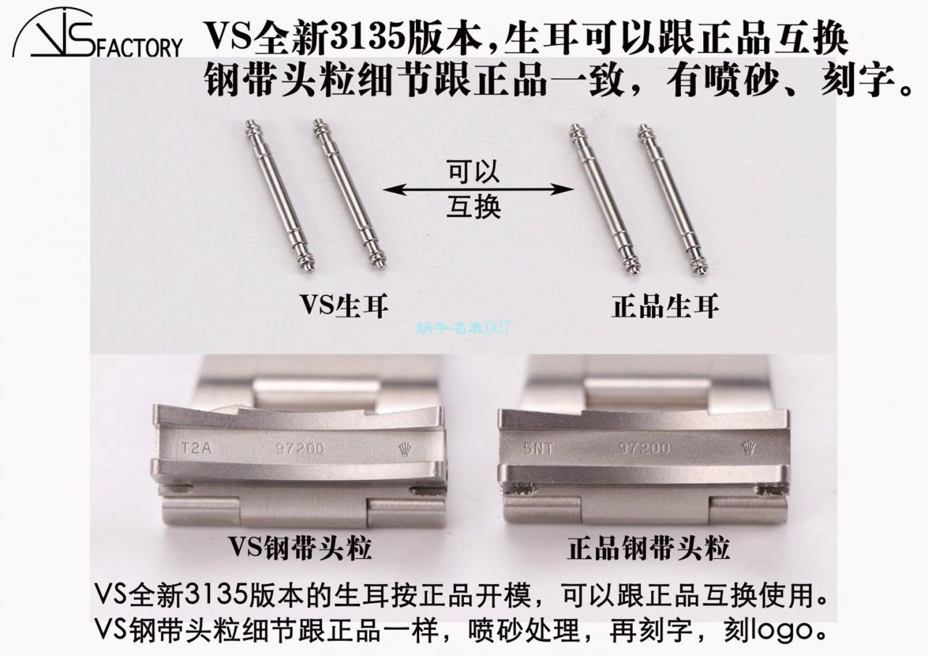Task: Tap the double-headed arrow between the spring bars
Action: coord(478,190)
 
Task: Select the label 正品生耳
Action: coord(665,306)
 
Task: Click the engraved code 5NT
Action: coord(535,447)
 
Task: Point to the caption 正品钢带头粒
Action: coord(647,549)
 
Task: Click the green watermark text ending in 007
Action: coord(463,328)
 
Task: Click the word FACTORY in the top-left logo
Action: coord(138,49)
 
